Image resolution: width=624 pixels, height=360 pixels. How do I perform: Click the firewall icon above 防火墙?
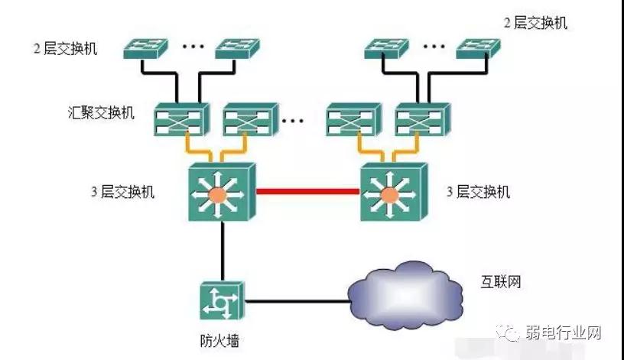click(x=221, y=300)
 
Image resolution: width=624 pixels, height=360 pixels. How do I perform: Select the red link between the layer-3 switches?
click(x=307, y=191)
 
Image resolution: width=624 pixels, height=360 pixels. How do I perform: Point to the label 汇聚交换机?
click(x=101, y=114)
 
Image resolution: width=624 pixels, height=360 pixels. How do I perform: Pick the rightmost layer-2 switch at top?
click(x=479, y=48)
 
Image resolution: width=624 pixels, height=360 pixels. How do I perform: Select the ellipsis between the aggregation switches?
click(x=293, y=120)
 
